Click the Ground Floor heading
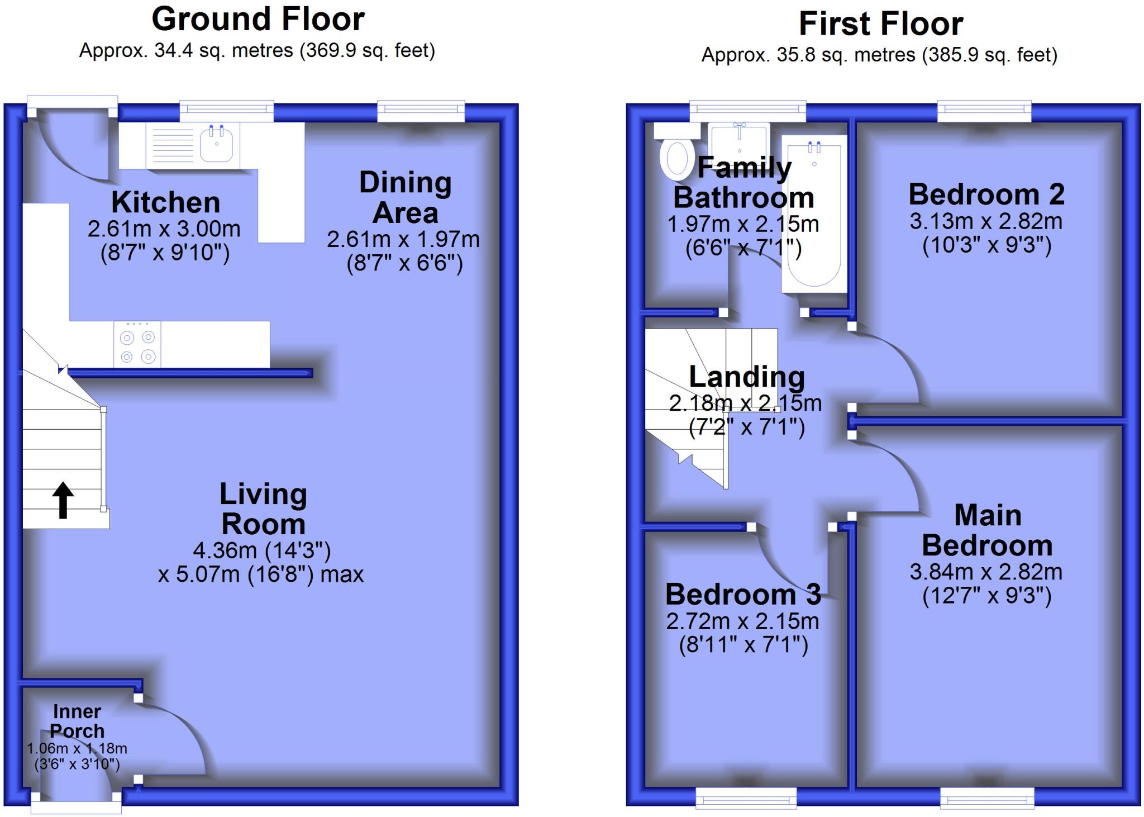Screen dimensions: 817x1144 pos(258,20)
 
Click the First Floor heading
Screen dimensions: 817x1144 pos(881,24)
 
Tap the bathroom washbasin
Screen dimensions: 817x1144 pos(740,142)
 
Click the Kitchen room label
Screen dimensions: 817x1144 pos(165,202)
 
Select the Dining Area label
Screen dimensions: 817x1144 pos(405,197)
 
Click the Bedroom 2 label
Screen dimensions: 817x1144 pos(986,194)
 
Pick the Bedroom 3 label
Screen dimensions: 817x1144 pos(743,595)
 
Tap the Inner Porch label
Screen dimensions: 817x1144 pos(77,721)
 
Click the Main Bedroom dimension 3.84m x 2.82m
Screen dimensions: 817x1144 pos(986,572)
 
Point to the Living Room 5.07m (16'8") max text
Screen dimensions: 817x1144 pos(261,574)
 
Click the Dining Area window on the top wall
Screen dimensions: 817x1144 pos(421,111)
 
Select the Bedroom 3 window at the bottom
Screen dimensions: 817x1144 pos(746,798)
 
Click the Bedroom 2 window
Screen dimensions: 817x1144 pos(984,111)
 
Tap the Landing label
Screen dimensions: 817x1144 pos(747,377)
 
